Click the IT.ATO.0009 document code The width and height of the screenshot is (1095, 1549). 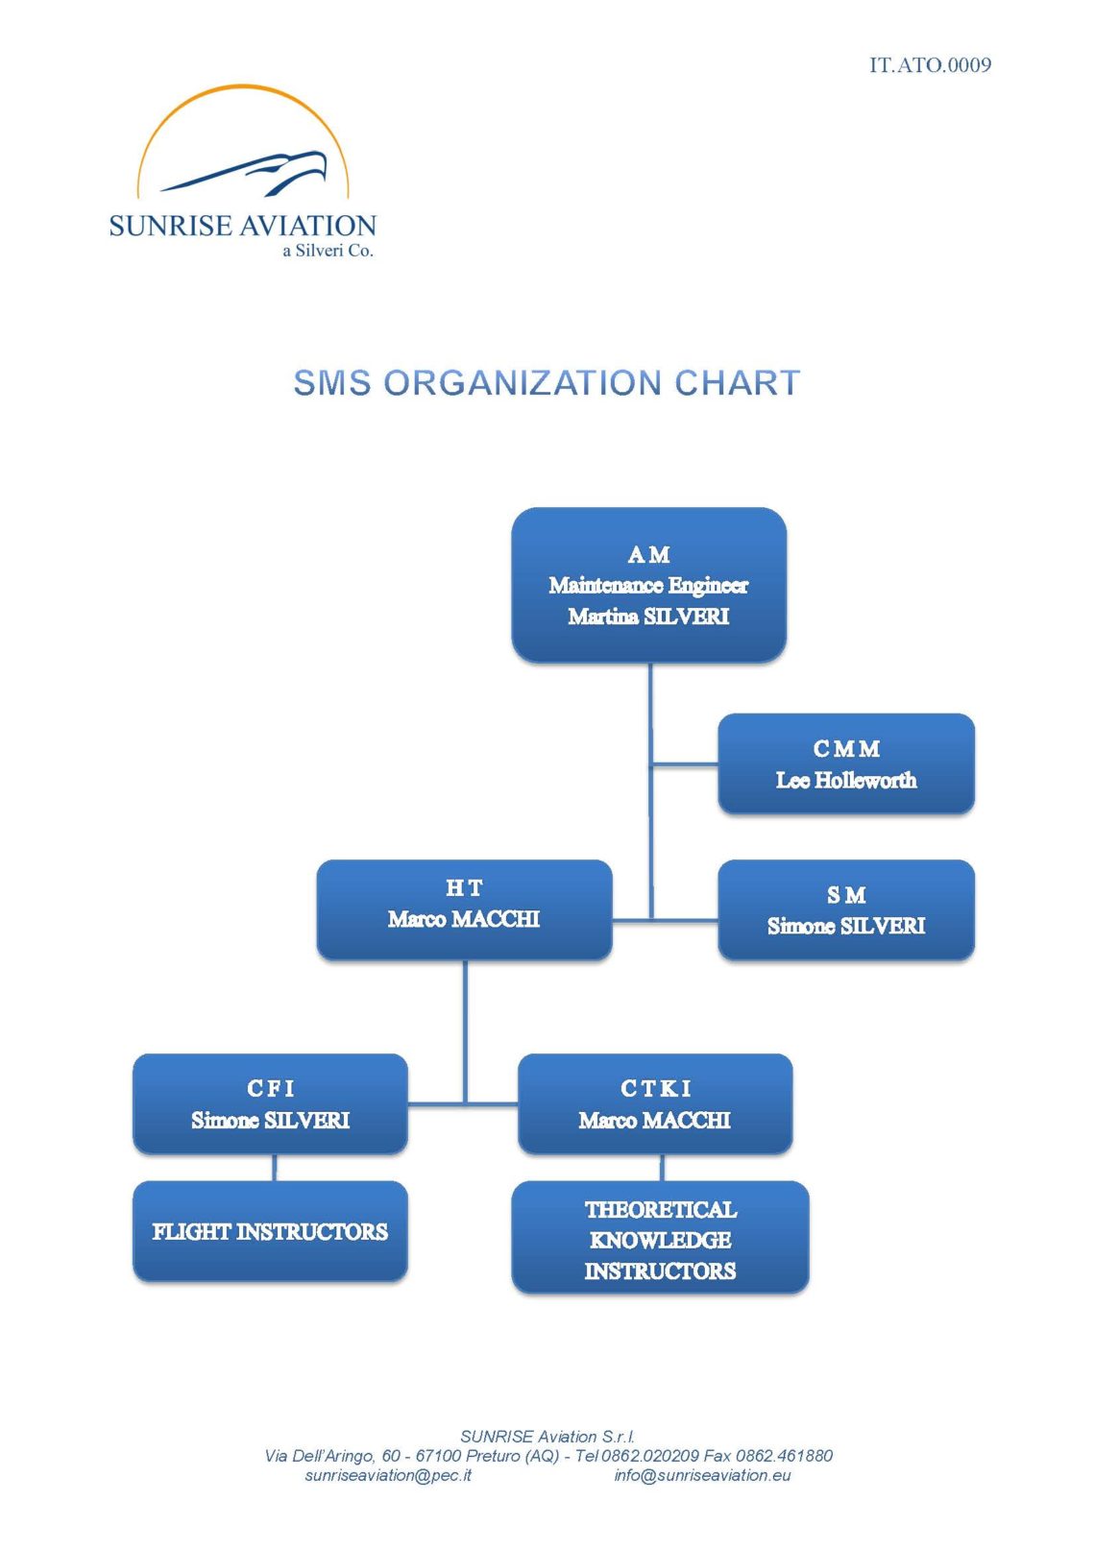coord(930,65)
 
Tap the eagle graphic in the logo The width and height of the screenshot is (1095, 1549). coord(243,173)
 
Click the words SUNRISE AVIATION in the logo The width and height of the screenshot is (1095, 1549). coord(243,226)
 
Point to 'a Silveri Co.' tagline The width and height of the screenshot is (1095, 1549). coord(328,251)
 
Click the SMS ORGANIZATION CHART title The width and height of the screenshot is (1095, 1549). coord(547,382)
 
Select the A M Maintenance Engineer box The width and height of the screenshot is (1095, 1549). coord(649,585)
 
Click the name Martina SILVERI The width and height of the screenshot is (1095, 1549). coord(649,617)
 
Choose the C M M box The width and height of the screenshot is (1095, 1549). coord(846,763)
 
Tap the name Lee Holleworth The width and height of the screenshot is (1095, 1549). coord(846,780)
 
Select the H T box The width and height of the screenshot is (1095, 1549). coord(464,909)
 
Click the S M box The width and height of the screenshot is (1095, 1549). coord(846,909)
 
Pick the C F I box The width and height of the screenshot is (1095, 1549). coord(271,1103)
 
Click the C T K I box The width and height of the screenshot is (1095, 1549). coord(655,1103)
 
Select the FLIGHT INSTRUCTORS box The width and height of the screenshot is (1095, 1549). coord(271,1231)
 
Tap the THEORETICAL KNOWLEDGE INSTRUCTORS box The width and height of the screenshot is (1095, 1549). coord(661,1237)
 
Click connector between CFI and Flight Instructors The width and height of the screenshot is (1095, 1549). coord(275,1168)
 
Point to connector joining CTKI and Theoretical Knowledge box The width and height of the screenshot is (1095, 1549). coord(663,1168)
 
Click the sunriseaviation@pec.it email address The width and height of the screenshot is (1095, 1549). coord(388,1475)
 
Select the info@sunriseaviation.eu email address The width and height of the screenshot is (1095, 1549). coord(702,1475)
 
